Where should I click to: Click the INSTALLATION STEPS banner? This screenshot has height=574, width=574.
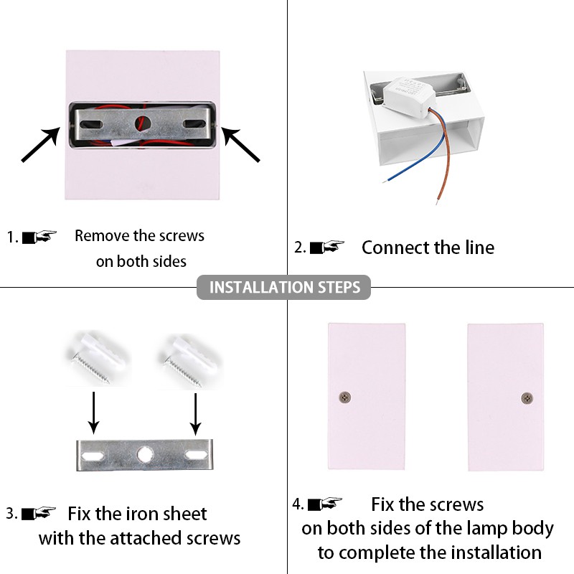pos(283,288)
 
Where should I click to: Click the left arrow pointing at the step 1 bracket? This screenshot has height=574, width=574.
pos(41,144)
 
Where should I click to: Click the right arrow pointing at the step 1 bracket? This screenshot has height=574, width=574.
pos(240,144)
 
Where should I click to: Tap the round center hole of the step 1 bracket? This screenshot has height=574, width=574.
pos(143,123)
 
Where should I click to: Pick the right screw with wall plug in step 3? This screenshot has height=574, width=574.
pos(189,361)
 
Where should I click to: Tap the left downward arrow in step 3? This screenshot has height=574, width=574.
pos(94,413)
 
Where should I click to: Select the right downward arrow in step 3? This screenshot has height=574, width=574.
pos(195,414)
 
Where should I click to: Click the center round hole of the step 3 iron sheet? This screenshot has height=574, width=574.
pos(146,455)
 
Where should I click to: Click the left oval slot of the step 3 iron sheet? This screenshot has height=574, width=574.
pos(93,456)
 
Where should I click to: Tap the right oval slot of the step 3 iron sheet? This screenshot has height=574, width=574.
pos(197,455)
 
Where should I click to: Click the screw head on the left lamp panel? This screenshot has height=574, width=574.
pos(345,397)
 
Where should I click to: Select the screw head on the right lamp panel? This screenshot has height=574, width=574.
pos(527,398)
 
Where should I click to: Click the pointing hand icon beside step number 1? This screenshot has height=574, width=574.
pos(39,237)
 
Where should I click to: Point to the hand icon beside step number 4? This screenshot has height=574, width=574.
pos(325,504)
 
